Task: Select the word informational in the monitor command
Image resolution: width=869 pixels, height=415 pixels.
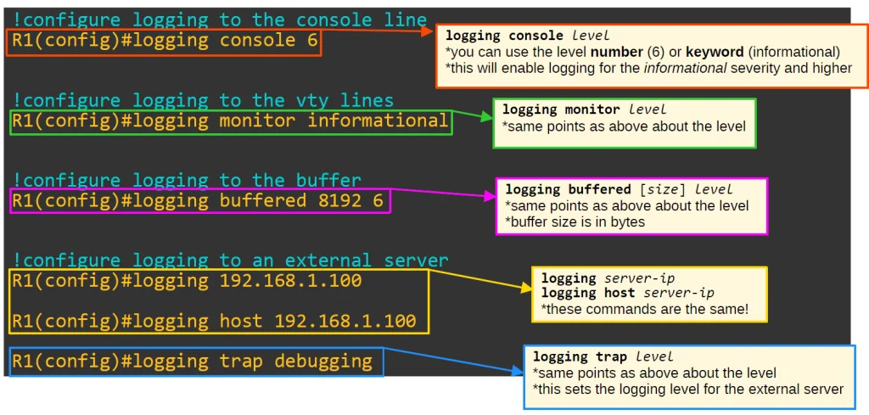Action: click(x=378, y=121)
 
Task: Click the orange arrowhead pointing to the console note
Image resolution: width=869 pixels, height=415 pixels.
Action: click(x=428, y=31)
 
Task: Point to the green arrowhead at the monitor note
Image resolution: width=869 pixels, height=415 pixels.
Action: click(x=485, y=117)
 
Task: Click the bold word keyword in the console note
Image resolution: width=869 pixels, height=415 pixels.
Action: click(x=714, y=53)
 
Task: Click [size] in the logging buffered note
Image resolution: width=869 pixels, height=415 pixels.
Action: click(x=664, y=189)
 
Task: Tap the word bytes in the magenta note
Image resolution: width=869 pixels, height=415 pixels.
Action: click(x=632, y=222)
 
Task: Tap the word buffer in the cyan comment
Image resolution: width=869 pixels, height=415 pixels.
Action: click(x=328, y=181)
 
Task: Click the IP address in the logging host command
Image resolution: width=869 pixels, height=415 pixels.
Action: click(x=345, y=321)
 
